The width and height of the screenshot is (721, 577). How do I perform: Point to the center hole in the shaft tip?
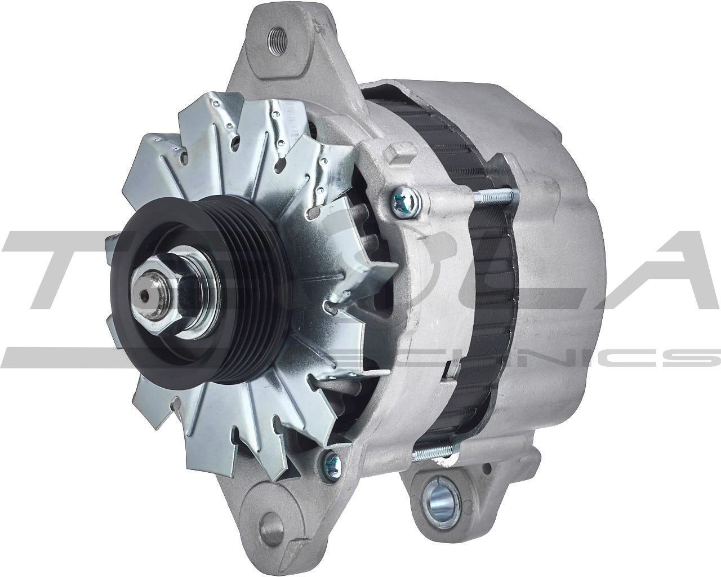[146, 296]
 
